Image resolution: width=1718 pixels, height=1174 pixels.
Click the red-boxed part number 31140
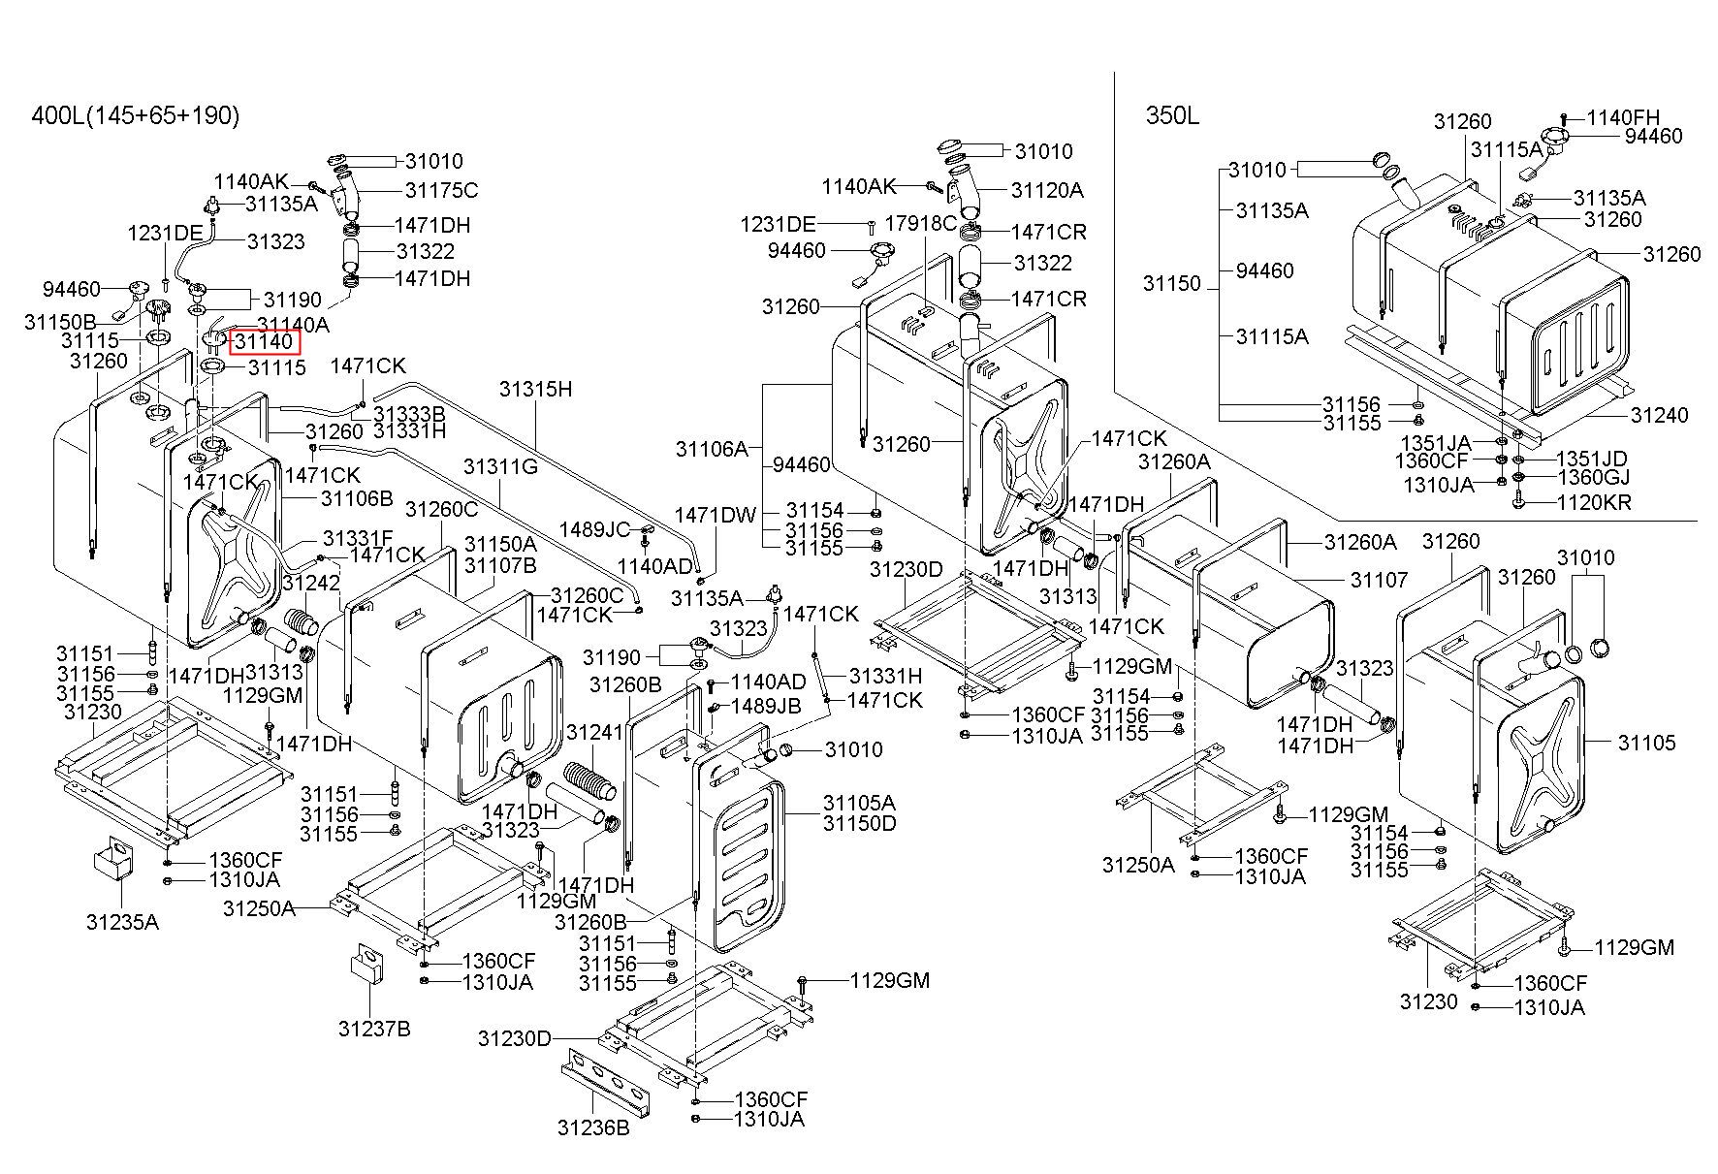pyautogui.click(x=264, y=341)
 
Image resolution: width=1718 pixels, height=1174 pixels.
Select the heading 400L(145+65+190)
pyautogui.click(x=136, y=116)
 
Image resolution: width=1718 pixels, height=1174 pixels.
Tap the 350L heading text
pyautogui.click(x=1172, y=116)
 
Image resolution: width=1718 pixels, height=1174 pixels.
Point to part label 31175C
pyautogui.click(x=441, y=190)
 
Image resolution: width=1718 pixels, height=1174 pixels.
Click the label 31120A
pyautogui.click(x=1047, y=190)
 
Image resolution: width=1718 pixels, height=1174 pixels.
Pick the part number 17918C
pyautogui.click(x=922, y=223)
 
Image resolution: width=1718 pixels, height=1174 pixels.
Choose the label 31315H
pyautogui.click(x=536, y=390)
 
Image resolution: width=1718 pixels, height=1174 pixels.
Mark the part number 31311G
pyautogui.click(x=500, y=466)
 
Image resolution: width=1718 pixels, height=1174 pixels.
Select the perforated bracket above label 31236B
pyautogui.click(x=603, y=1085)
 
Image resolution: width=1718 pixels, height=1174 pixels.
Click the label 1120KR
pyautogui.click(x=1594, y=502)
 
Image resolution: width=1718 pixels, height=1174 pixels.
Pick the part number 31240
pyautogui.click(x=1659, y=415)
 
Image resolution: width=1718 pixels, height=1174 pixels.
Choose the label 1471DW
pyautogui.click(x=716, y=515)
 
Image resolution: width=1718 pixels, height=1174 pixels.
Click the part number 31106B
pyautogui.click(x=357, y=498)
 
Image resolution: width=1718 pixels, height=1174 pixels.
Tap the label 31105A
pyautogui.click(x=859, y=803)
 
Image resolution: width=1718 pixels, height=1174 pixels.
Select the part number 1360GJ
pyautogui.click(x=1593, y=477)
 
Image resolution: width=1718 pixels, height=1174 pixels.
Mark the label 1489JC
pyautogui.click(x=594, y=529)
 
